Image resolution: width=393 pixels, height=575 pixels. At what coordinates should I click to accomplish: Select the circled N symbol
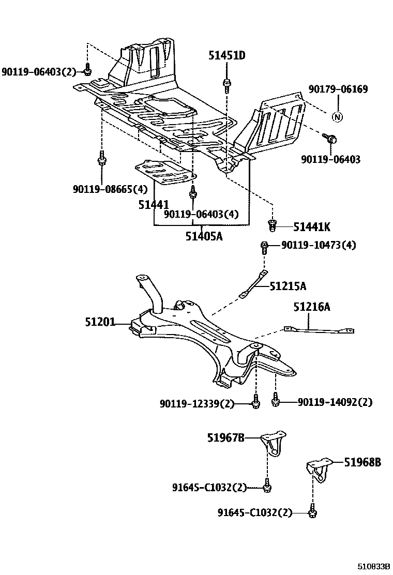(337, 116)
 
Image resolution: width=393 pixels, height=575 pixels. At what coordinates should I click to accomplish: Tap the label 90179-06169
(338, 89)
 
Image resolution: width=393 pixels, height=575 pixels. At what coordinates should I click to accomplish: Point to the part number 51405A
(203, 237)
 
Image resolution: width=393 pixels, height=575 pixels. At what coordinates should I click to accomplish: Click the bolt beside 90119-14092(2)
(275, 400)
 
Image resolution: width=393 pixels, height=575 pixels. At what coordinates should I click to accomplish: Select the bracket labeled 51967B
(272, 443)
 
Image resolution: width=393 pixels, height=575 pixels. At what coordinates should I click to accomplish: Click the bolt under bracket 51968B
(312, 511)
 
